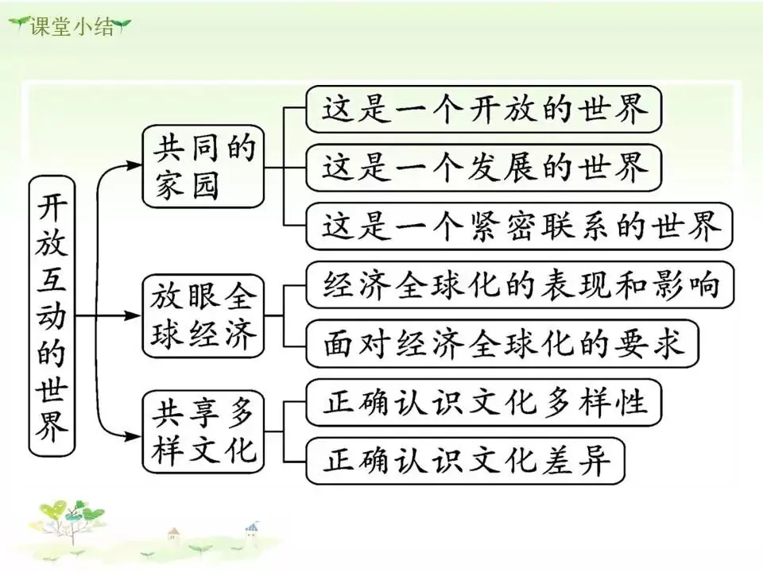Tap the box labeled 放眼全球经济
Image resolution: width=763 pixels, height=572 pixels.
[202, 315]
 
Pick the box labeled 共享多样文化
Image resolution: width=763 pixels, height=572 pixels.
[202, 433]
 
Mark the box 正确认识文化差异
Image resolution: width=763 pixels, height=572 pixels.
[465, 461]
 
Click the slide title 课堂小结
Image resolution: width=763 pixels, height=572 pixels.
[72, 25]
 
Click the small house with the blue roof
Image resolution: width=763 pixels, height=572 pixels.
[252, 528]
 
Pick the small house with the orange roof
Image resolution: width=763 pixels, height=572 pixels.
[173, 535]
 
